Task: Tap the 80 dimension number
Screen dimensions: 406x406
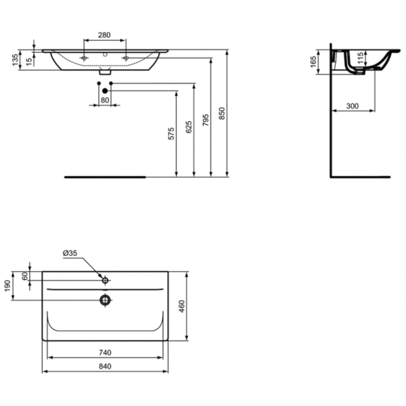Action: click(105, 100)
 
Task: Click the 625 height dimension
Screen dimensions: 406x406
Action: click(189, 125)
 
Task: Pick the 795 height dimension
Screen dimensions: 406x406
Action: click(206, 118)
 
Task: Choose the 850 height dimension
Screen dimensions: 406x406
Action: click(222, 114)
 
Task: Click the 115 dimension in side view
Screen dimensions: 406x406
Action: click(361, 58)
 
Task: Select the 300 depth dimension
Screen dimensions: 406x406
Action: click(353, 106)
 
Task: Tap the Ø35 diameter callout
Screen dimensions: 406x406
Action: click(70, 253)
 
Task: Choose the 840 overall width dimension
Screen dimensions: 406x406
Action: click(104, 367)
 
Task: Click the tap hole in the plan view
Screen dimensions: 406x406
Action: click(105, 279)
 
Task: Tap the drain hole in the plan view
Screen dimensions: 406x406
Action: click(105, 298)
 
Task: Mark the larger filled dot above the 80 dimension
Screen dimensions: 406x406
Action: click(105, 90)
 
